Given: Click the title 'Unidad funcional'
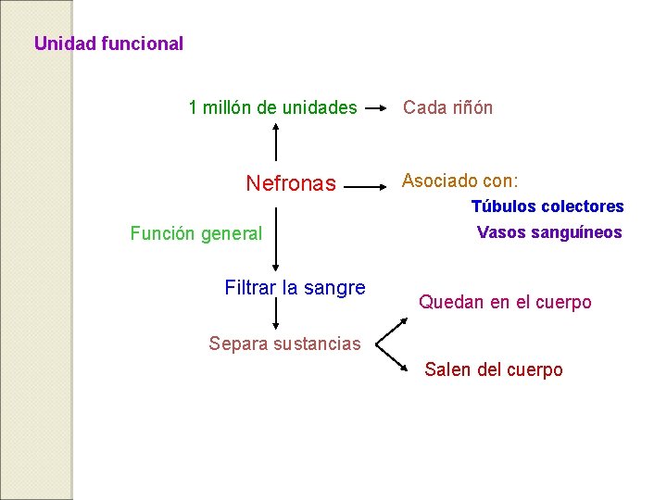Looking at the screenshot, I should pos(108,44).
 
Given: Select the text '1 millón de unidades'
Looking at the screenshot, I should pos(272,107).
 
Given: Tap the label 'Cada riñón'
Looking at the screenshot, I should pos(447,107).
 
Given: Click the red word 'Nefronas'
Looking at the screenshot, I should pos(291,183).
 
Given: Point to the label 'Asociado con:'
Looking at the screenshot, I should pos(459,181).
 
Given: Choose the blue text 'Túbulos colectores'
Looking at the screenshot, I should pos(547,206).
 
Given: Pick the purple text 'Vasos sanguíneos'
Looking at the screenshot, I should pos(549,232).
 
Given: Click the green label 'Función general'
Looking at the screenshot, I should pos(196,233).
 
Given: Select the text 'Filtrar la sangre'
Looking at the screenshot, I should pos(295,288).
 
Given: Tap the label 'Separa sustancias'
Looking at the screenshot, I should pos(284,344).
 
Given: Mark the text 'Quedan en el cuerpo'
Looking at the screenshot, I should pos(505,302).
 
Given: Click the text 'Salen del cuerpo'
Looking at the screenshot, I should pos(494,369).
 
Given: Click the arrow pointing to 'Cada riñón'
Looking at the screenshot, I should pos(376,107).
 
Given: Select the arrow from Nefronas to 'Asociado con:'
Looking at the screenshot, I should pos(368,185).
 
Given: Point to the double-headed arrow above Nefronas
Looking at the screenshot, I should pos(275,143).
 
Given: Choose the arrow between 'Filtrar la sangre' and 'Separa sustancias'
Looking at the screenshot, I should pos(275,315).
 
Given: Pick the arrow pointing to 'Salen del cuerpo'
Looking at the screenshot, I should pos(393,359).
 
